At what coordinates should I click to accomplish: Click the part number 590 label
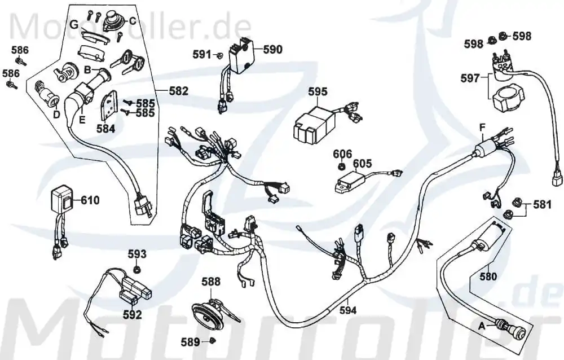click(x=273, y=49)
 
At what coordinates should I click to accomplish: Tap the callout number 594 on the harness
click(x=348, y=310)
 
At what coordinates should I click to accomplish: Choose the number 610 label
click(x=90, y=200)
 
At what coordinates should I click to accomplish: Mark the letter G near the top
click(x=74, y=25)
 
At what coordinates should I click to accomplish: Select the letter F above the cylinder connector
click(x=483, y=127)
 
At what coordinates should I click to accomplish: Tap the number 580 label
click(x=488, y=276)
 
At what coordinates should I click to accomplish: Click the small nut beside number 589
click(x=213, y=340)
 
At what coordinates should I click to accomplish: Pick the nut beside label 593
click(x=136, y=269)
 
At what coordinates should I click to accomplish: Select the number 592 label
click(x=133, y=315)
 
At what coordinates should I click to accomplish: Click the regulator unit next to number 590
click(x=238, y=57)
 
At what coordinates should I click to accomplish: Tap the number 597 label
click(x=470, y=78)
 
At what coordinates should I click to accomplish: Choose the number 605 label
click(x=362, y=164)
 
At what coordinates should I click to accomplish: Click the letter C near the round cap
click(x=133, y=21)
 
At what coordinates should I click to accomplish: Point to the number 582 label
click(x=179, y=91)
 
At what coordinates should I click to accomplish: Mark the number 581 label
click(x=542, y=204)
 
